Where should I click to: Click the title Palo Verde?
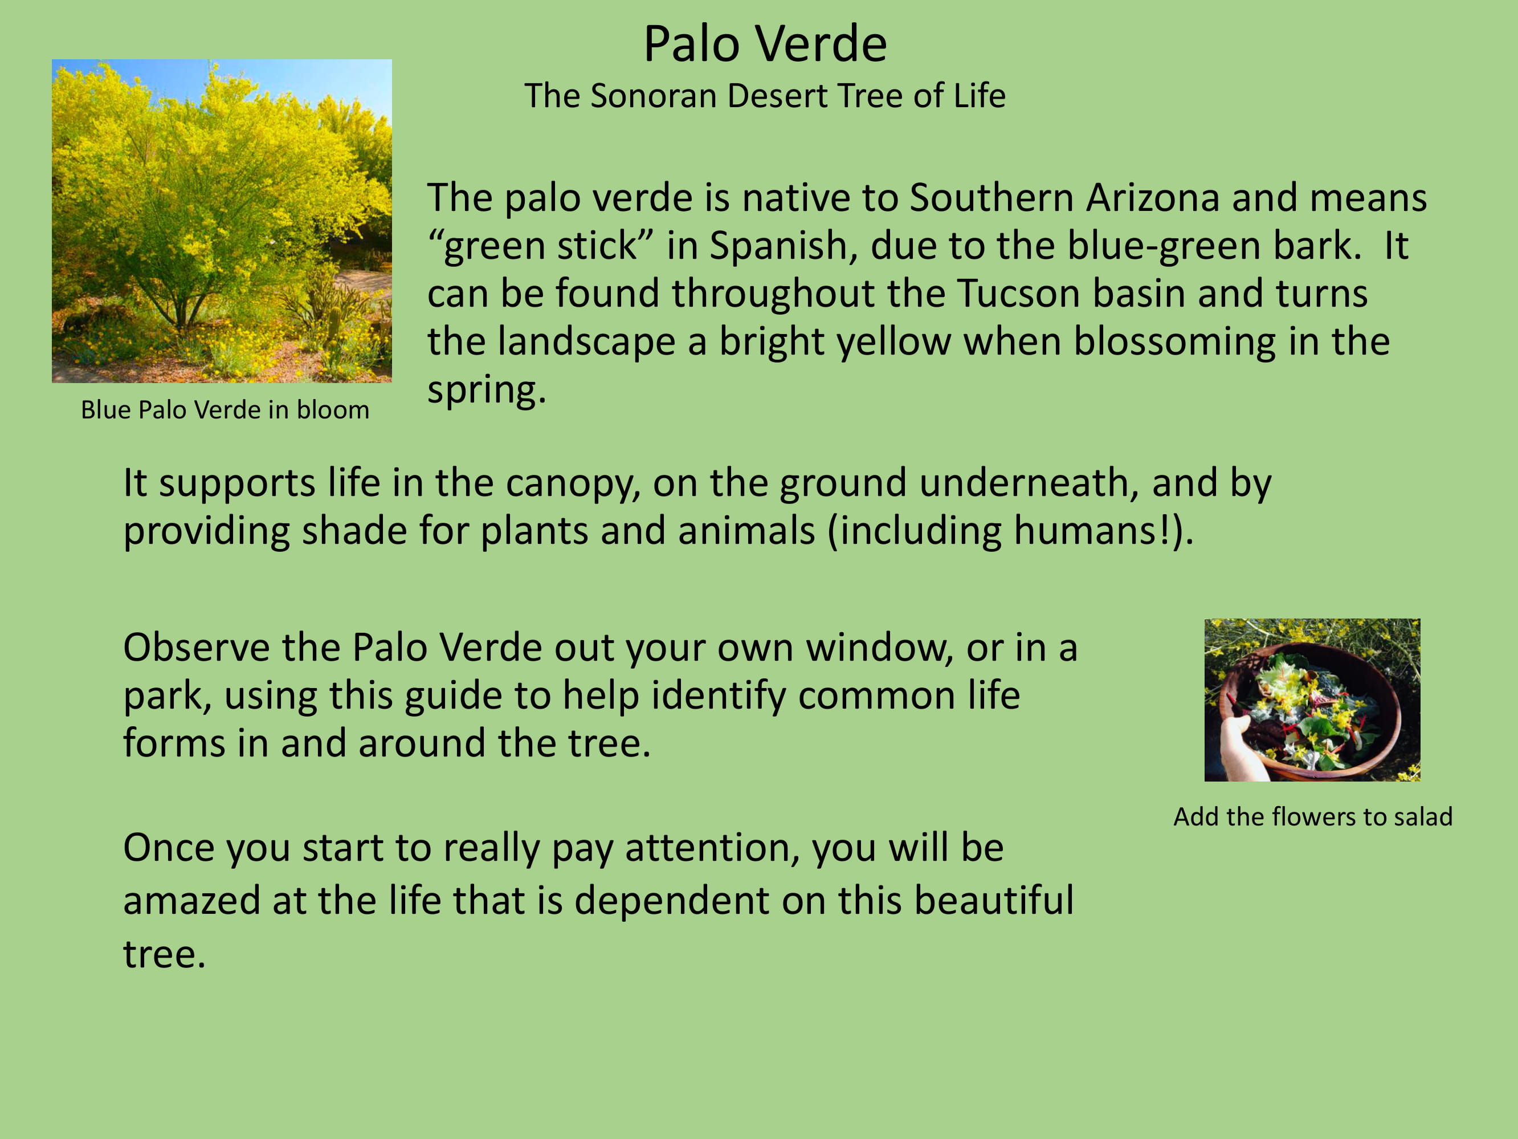[765, 44]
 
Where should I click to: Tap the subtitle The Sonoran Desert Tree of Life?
[765, 95]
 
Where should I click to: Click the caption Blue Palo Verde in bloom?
[225, 410]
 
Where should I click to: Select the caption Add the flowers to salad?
[1313, 817]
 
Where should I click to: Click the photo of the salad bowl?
[1312, 700]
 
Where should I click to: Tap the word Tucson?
[1018, 294]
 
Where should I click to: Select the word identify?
[718, 696]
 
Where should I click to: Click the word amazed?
[191, 901]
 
